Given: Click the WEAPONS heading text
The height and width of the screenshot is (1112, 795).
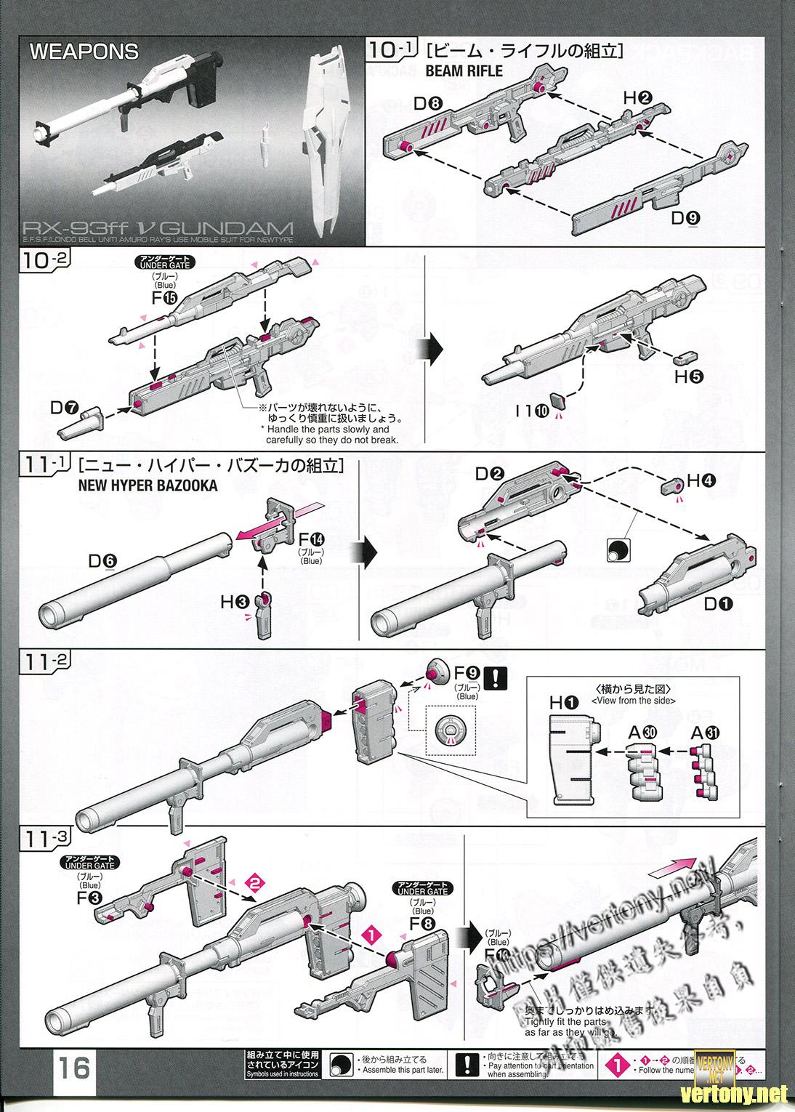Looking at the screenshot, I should (x=84, y=52).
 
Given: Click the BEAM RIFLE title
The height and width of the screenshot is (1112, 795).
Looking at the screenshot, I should (x=464, y=71).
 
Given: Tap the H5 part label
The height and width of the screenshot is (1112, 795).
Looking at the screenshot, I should (x=689, y=376).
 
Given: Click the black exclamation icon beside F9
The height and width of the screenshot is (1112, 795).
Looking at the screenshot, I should (x=496, y=677).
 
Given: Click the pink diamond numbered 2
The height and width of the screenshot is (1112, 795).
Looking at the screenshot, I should (x=254, y=883).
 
